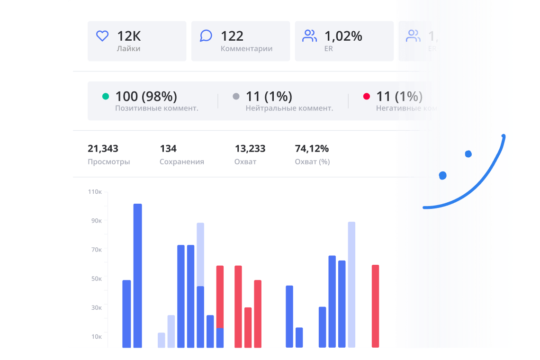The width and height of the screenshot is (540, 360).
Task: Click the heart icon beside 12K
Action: point(102,36)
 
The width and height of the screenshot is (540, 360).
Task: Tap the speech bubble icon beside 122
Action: point(206,36)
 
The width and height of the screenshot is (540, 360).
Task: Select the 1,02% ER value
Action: point(343,36)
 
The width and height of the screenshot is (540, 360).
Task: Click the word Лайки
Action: point(128,48)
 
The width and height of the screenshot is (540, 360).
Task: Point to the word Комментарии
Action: point(246,48)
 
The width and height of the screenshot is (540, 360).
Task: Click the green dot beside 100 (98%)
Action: point(106,97)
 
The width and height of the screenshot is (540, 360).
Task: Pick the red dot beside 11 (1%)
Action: point(366,97)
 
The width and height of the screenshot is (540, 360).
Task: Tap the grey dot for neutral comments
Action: point(236,97)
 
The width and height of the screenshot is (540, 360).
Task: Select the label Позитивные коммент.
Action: point(156,108)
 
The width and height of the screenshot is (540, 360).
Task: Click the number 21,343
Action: point(103,149)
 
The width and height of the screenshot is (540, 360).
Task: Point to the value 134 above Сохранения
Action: point(168,149)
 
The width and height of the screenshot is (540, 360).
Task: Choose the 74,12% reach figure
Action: point(312,149)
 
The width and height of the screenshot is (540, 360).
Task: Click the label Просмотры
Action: point(108,162)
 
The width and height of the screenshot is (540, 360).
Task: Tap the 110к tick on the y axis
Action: point(95,192)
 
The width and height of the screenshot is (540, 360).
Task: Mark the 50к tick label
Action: point(96,279)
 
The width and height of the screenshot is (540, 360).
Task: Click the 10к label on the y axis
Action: point(96,336)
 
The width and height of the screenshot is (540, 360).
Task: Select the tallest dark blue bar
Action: point(138,275)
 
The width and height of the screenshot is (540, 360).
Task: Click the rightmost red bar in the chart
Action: point(375,306)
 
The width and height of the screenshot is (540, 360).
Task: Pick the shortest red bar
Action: point(248,327)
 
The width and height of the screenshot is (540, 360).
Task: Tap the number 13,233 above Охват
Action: point(250,149)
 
